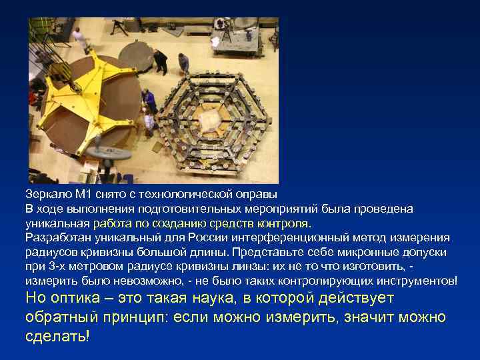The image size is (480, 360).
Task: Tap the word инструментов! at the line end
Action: click(x=419, y=281)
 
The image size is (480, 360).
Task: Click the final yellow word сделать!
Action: click(x=57, y=335)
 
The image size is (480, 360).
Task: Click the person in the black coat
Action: click(x=161, y=61)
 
